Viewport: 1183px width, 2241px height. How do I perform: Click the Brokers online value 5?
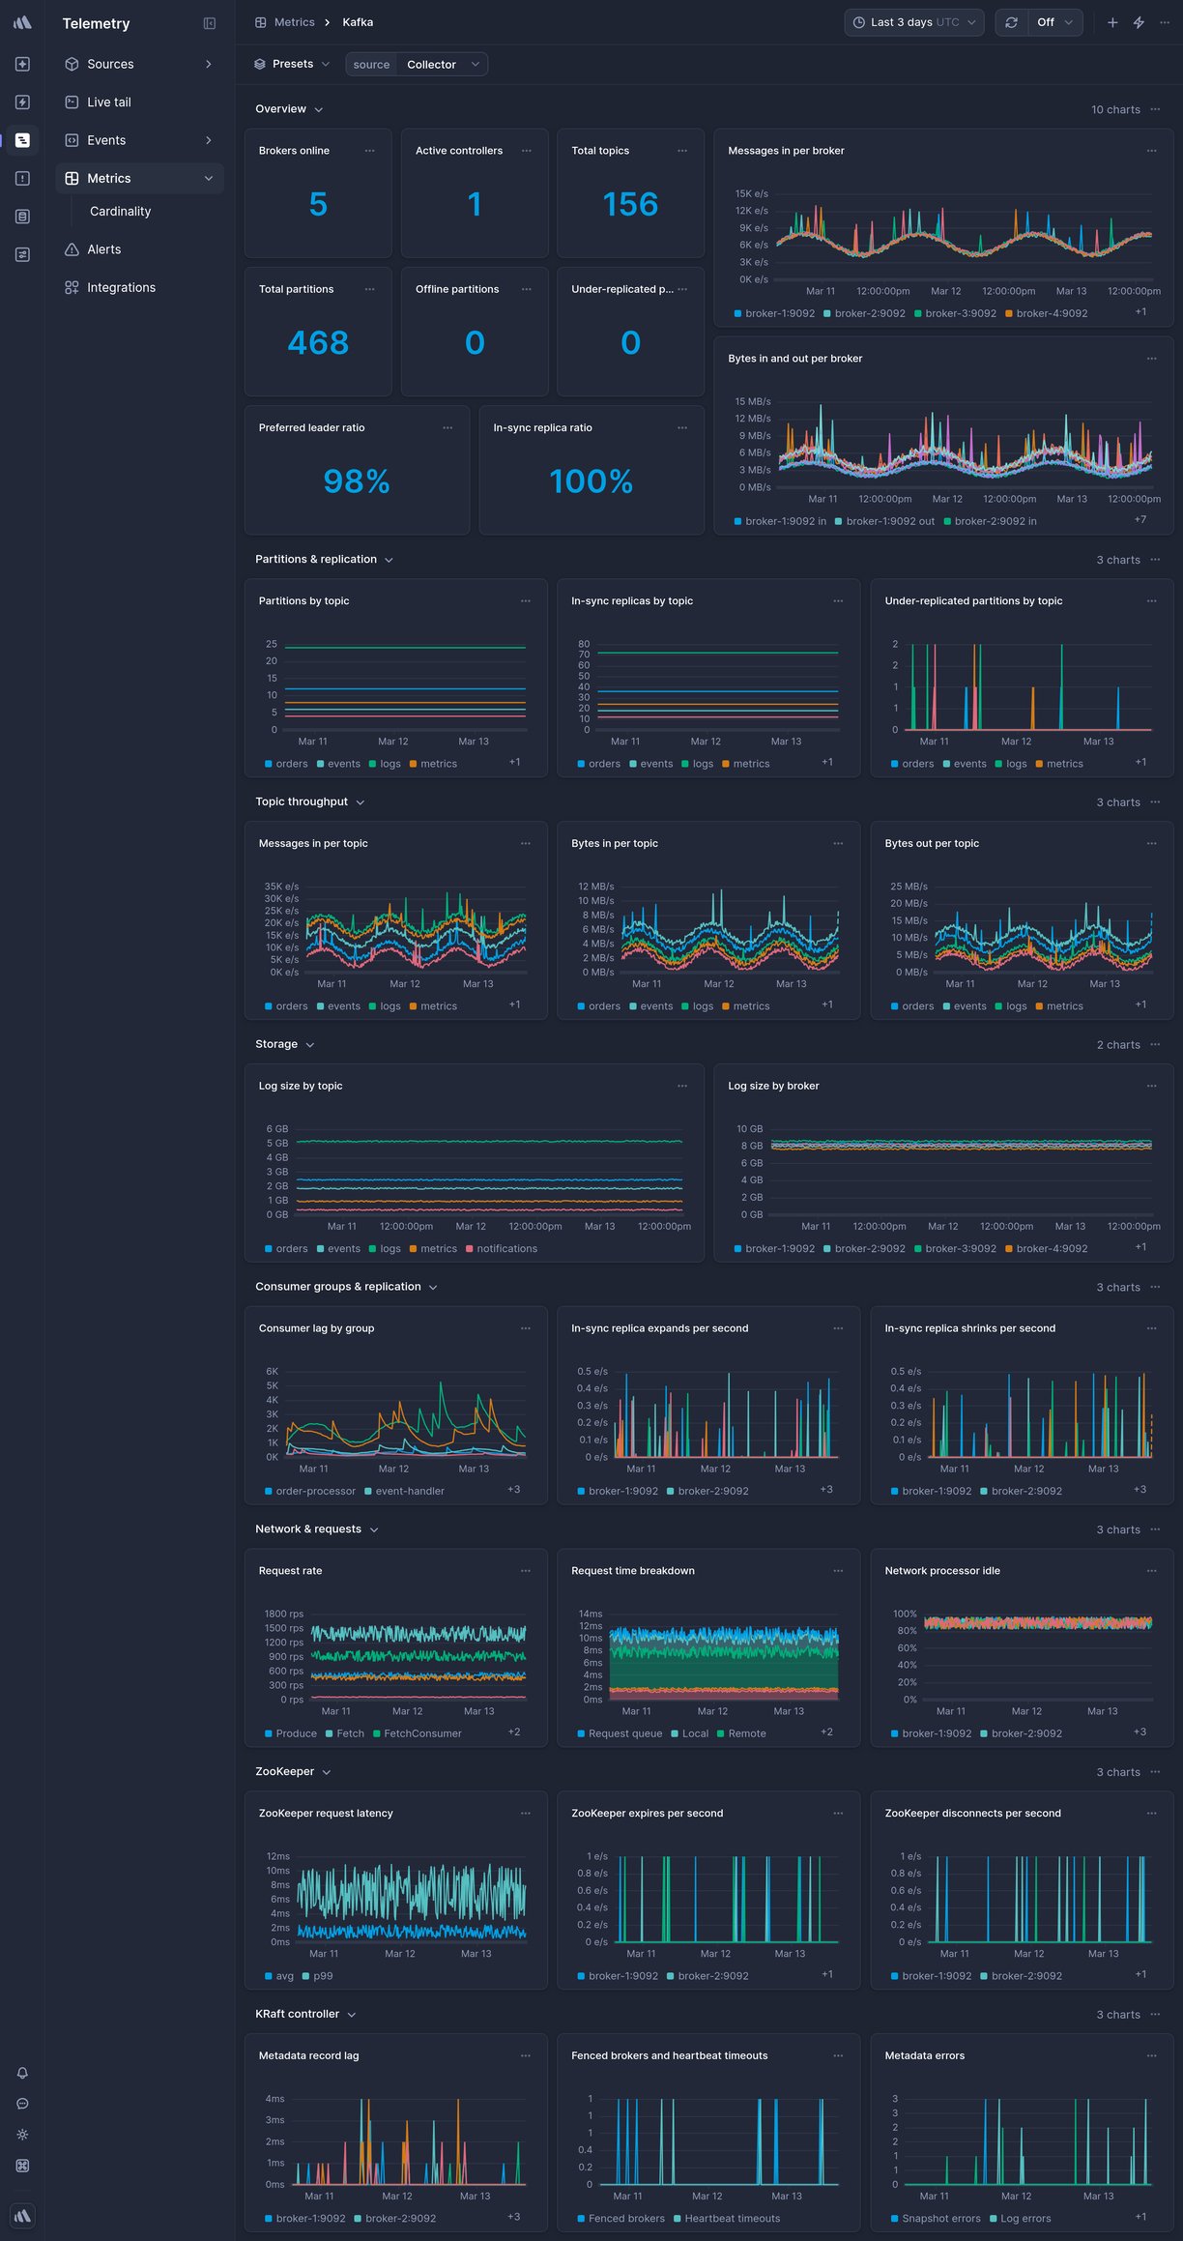pyautogui.click(x=318, y=204)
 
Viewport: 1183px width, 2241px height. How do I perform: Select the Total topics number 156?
pyautogui.click(x=630, y=204)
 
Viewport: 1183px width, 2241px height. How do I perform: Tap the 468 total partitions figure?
pyautogui.click(x=318, y=342)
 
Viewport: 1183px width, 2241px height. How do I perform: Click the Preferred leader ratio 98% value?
pyautogui.click(x=357, y=481)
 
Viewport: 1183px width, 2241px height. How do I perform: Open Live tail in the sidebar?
pyautogui.click(x=108, y=102)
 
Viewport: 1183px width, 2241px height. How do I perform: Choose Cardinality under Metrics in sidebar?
pyautogui.click(x=120, y=212)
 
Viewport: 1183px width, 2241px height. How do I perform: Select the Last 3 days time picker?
pyautogui.click(x=913, y=22)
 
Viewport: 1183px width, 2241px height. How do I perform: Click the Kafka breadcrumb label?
pyautogui.click(x=358, y=22)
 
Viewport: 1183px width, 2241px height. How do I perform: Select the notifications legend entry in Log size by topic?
pyautogui.click(x=506, y=1249)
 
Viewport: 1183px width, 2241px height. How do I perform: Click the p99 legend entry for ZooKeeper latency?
pyautogui.click(x=322, y=1976)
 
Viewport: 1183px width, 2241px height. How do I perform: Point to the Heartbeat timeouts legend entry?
pyautogui.click(x=732, y=2219)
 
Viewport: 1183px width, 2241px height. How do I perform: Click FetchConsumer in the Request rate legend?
pyautogui.click(x=422, y=1733)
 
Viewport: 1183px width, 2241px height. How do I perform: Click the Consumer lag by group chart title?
pyautogui.click(x=316, y=1328)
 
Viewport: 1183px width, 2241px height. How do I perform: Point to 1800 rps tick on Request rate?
pyautogui.click(x=284, y=1614)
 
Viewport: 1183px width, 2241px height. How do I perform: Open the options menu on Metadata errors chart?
pyautogui.click(x=1151, y=2055)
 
